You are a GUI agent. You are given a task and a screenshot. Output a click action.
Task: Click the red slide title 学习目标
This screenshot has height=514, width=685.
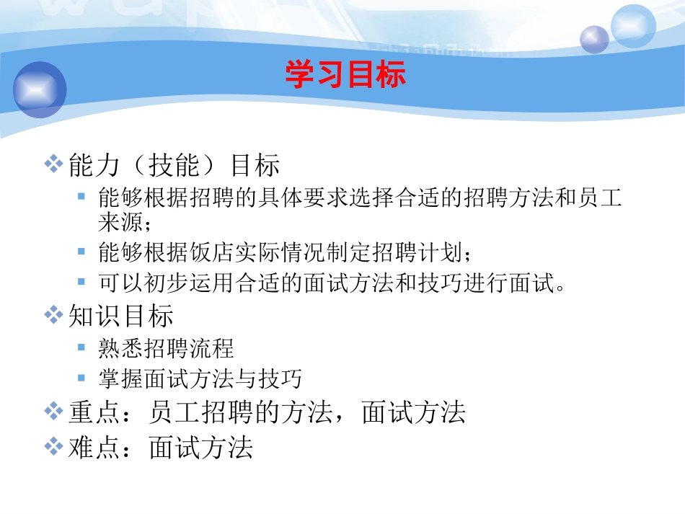click(x=345, y=74)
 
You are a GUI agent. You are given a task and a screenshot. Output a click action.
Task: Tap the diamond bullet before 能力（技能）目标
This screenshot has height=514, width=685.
click(x=53, y=164)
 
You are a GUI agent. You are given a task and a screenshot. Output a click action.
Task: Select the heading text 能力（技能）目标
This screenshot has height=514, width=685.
click(x=174, y=166)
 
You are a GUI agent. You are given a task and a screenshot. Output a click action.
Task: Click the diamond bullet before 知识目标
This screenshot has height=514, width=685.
click(x=53, y=314)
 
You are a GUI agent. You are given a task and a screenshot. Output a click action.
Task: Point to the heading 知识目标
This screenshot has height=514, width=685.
click(x=120, y=316)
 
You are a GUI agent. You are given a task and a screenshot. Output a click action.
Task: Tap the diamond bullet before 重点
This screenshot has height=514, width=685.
click(x=53, y=411)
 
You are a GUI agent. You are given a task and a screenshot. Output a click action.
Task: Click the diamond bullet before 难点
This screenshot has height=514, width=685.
click(x=53, y=447)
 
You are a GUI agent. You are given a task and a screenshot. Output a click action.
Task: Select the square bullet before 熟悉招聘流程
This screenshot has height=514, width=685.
click(x=82, y=347)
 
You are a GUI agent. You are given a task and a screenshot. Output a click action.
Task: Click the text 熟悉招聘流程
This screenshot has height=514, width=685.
click(x=166, y=348)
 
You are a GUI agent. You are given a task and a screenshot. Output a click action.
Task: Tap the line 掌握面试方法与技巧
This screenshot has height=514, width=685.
click(x=200, y=378)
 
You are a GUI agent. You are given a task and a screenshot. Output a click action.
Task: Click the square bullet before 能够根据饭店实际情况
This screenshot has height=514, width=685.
click(x=82, y=252)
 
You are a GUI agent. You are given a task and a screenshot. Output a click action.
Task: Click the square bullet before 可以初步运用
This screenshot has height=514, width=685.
click(x=82, y=281)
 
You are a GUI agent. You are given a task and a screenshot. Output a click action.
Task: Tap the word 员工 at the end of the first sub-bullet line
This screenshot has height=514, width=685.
click(x=600, y=198)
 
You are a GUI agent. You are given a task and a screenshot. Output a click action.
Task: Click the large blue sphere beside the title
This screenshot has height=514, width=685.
click(x=40, y=89)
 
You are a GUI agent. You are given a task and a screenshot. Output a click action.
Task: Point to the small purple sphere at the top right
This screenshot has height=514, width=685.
click(x=595, y=39)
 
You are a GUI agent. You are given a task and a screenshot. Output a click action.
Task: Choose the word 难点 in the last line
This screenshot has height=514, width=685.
click(x=94, y=448)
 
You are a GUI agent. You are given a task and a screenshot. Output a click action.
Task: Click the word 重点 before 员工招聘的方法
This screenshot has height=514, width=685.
click(x=94, y=412)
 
